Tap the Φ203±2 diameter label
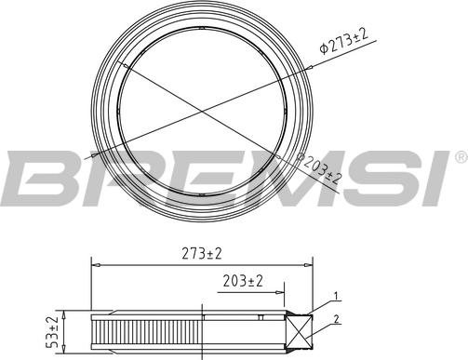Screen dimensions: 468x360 pos(319,168)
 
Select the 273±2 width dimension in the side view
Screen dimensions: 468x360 pos(202,254)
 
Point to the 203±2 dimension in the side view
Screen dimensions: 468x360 pos(243,281)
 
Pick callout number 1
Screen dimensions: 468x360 pos(336,296)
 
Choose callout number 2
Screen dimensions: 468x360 pos(336,319)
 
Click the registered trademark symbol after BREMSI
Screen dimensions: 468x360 pos(461,157)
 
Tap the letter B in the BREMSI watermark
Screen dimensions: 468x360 pos(40,179)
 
